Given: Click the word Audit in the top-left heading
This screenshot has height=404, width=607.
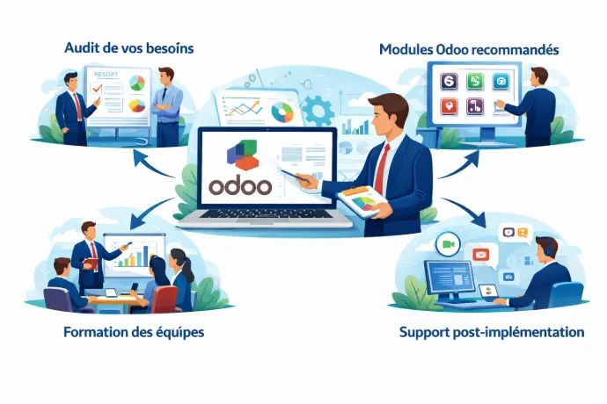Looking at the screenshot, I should pos(82,48).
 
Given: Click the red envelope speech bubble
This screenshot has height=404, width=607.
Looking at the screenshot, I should pos(480,254).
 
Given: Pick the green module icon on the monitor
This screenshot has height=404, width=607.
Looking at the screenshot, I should pos(473,83).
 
